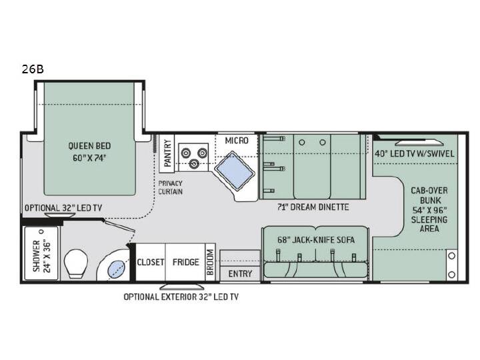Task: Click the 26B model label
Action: (33, 69)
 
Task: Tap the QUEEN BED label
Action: (89, 146)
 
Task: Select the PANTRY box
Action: (167, 153)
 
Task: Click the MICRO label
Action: (237, 141)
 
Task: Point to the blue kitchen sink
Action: (234, 171)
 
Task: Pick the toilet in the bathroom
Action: (75, 263)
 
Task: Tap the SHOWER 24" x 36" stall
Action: (41, 253)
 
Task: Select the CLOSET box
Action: (150, 262)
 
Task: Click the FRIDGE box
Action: (185, 262)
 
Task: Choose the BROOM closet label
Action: (210, 262)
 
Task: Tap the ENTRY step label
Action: (240, 274)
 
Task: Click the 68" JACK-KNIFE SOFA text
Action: (316, 240)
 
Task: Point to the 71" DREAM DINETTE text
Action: (313, 207)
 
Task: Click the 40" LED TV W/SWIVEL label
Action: (415, 154)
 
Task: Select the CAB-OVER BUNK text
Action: (429, 195)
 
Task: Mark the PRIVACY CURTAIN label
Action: (170, 187)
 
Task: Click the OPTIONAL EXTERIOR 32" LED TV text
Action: (181, 297)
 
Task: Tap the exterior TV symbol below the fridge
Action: (182, 287)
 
